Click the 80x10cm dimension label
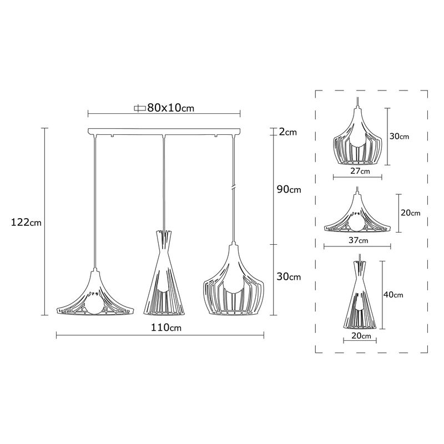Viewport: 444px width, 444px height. click(170, 108)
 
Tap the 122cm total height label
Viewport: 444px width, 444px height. click(26, 223)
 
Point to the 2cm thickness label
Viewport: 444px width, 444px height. click(288, 132)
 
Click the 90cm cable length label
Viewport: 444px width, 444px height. click(288, 190)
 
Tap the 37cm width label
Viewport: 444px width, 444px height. click(359, 241)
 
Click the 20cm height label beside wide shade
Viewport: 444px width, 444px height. click(410, 213)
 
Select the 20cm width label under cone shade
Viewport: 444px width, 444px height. click(361, 336)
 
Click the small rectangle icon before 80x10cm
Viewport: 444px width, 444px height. click(139, 108)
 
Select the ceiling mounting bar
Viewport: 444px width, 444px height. click(165, 132)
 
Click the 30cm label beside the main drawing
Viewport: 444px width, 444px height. click(288, 276)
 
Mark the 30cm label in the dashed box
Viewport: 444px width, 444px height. click(399, 136)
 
